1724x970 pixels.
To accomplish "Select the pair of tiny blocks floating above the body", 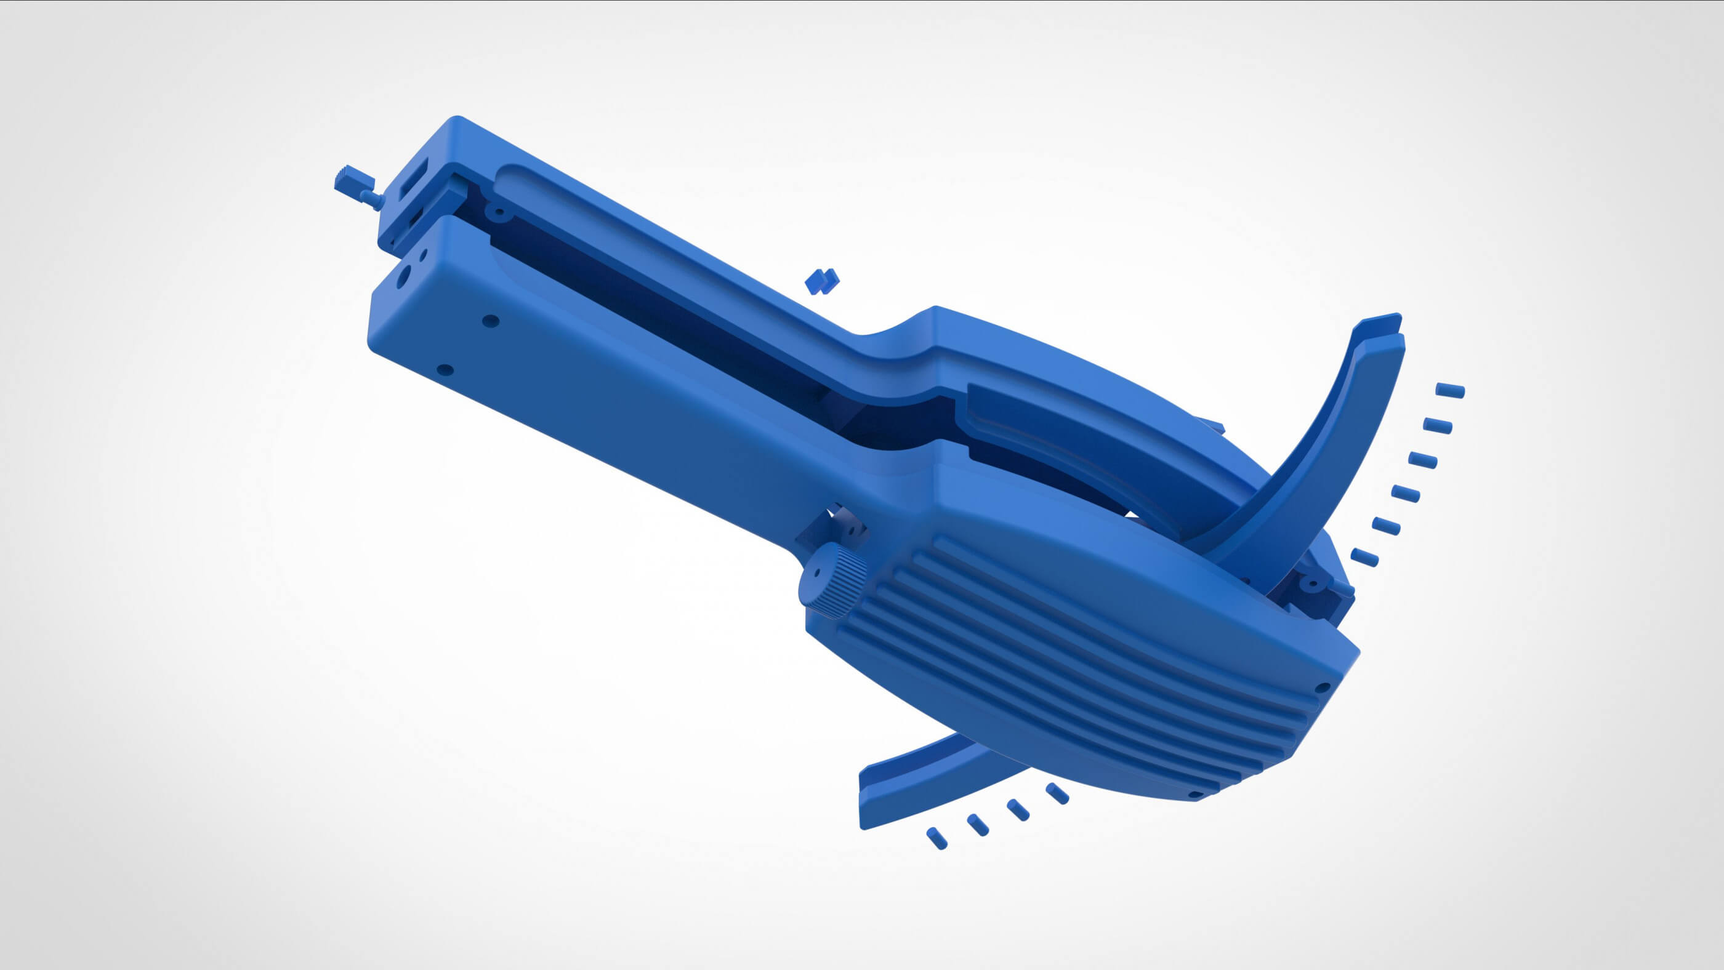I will [822, 281].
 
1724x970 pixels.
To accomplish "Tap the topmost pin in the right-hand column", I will [1450, 390].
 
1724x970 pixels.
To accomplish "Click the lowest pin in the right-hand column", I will [1364, 557].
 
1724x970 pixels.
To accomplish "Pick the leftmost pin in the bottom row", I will [937, 838].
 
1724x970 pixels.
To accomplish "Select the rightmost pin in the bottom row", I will [1057, 793].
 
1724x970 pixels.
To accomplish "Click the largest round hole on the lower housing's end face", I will [402, 277].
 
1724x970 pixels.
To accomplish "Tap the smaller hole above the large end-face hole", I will [423, 255].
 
